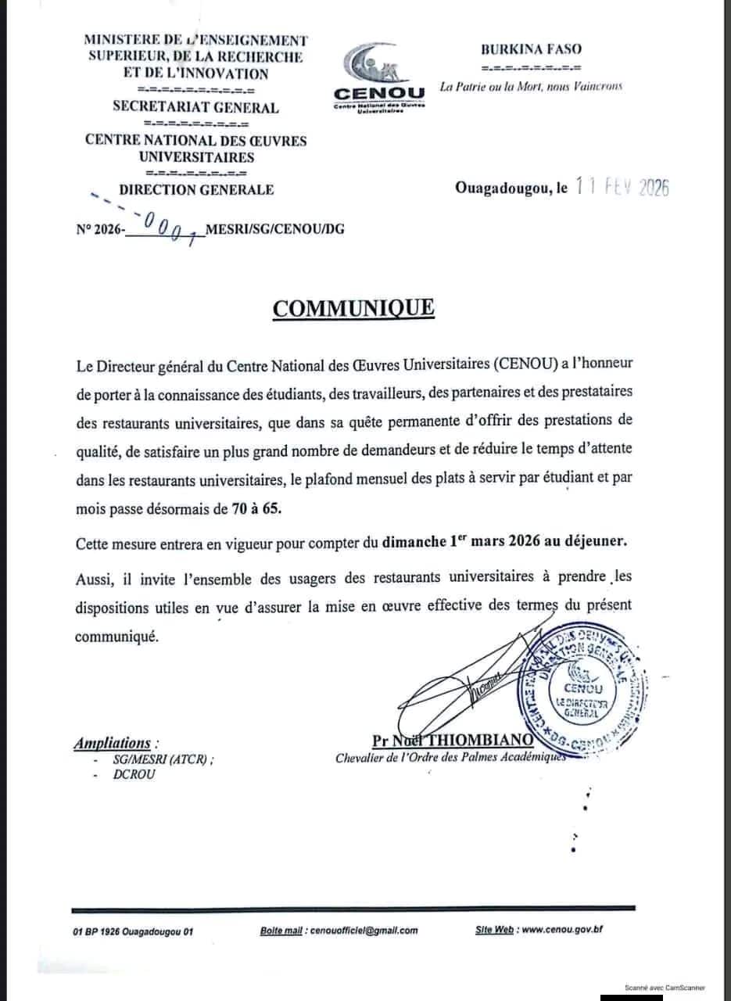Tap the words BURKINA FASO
[x=531, y=48]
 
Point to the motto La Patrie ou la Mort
[x=531, y=87]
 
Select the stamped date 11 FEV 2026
[x=622, y=188]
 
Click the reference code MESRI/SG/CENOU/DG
[x=274, y=230]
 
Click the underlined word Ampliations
[x=113, y=743]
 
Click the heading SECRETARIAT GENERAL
[x=195, y=108]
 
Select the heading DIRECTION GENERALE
[x=196, y=189]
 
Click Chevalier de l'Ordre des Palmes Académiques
[x=449, y=758]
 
